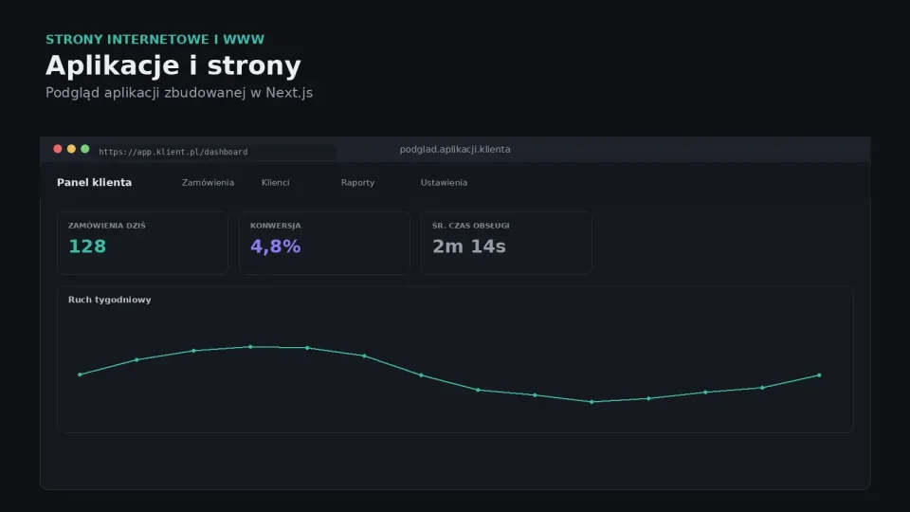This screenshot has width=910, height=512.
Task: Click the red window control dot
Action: coord(58,149)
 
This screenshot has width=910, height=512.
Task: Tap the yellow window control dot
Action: coord(71,149)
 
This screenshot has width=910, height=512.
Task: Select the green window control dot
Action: coord(84,149)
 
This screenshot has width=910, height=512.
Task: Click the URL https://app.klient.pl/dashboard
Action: coord(173,152)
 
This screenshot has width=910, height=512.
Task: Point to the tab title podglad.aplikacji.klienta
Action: coord(455,149)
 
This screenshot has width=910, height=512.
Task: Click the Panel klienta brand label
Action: coord(94,182)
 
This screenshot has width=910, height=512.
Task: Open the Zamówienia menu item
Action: coord(208,182)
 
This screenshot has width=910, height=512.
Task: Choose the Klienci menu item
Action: coord(275,182)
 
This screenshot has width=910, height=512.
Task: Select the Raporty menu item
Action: coord(357,182)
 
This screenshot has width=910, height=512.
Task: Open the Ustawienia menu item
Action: coord(444,182)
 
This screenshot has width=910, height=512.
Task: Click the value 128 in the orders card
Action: coord(87,247)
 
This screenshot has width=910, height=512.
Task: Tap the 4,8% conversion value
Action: coord(275,247)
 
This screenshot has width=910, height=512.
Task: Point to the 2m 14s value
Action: coord(469,247)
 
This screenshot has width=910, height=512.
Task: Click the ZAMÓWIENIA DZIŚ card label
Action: coord(107,226)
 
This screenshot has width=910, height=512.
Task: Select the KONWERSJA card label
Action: coord(275,226)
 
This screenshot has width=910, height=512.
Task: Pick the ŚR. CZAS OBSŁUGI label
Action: coord(471,226)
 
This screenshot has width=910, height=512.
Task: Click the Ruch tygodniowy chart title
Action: coord(110,300)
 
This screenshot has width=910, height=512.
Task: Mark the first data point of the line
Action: coord(80,375)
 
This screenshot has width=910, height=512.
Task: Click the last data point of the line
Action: coord(819,375)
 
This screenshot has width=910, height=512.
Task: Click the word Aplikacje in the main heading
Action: coord(113,65)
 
